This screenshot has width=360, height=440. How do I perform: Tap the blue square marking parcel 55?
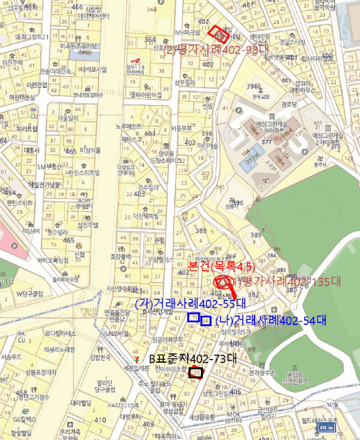(x=193, y=317)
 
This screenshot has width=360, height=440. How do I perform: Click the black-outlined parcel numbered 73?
(x=195, y=373)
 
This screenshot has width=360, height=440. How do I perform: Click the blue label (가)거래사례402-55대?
(x=172, y=304)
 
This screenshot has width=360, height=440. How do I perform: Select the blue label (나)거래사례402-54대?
(x=270, y=321)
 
